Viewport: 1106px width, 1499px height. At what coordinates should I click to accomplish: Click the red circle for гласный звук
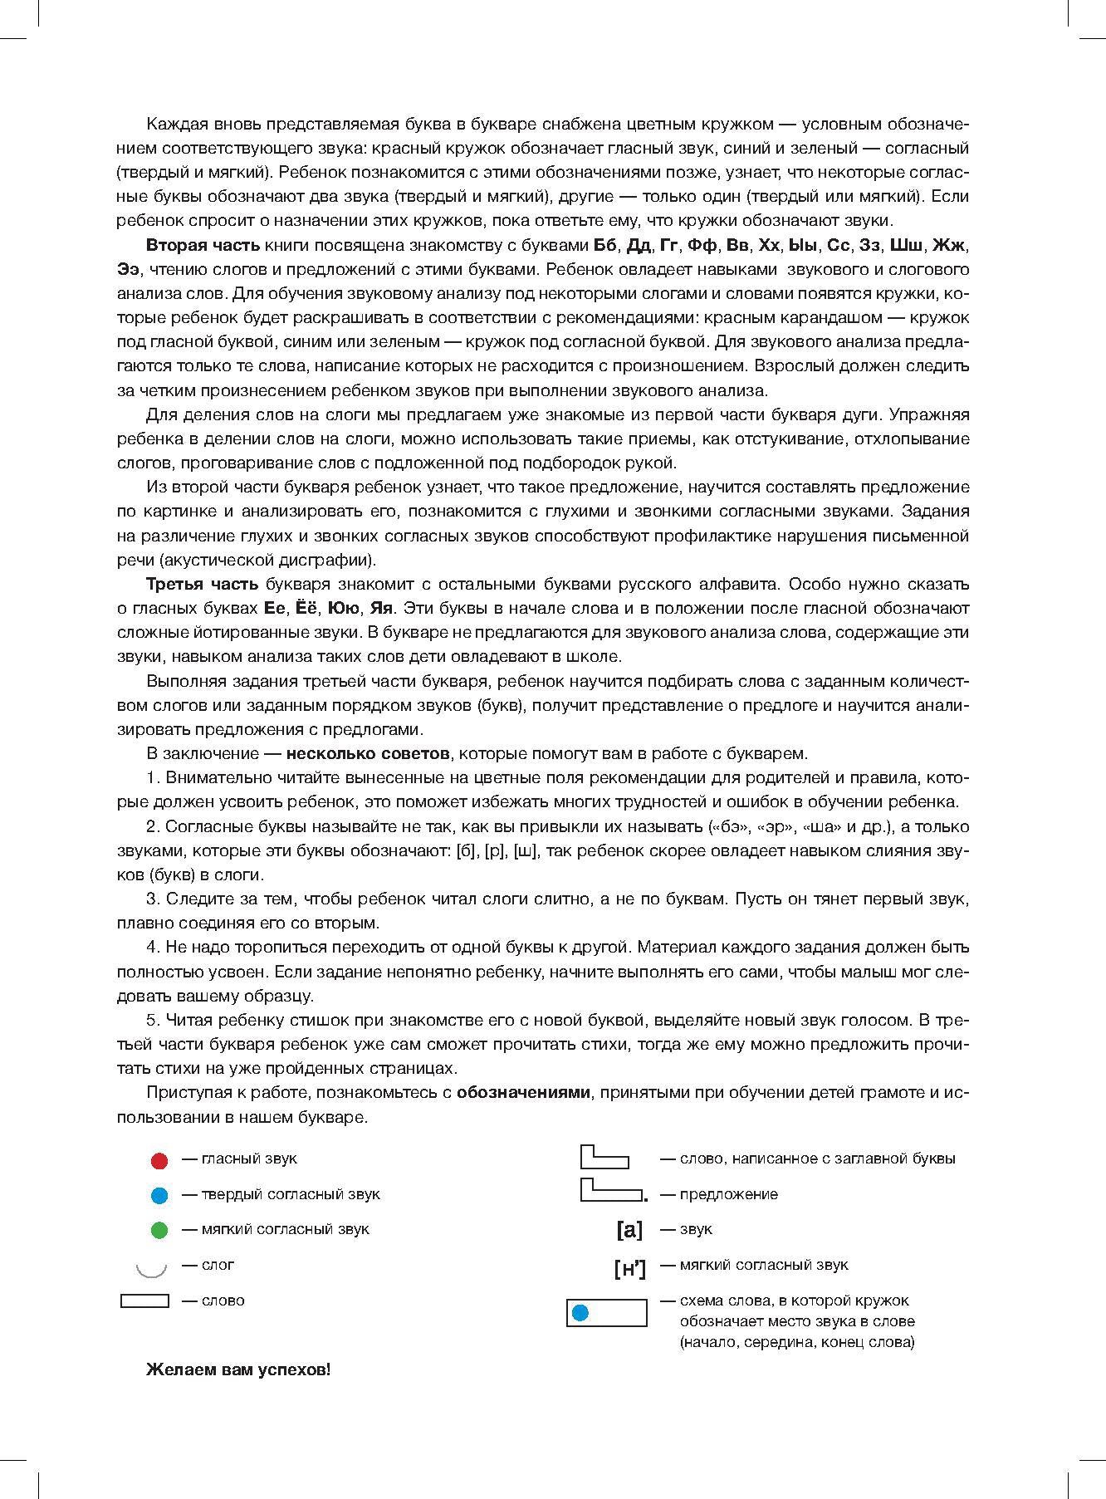click(159, 1160)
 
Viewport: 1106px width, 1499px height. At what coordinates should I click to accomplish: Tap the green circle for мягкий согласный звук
click(159, 1231)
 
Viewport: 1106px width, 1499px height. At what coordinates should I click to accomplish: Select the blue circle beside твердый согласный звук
click(159, 1196)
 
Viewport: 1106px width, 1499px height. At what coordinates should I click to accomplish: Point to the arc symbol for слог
click(151, 1268)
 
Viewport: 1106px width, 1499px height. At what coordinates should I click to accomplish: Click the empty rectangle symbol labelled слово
click(144, 1301)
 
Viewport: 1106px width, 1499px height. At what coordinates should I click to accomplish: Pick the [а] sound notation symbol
click(629, 1230)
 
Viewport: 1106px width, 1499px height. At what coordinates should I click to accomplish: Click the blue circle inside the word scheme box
click(580, 1313)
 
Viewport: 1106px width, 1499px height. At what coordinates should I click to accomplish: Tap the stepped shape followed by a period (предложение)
click(613, 1191)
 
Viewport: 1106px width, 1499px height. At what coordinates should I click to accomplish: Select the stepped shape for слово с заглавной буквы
click(604, 1157)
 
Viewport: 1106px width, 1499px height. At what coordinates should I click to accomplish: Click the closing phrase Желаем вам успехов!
click(238, 1370)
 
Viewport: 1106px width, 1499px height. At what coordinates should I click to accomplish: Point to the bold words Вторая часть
click(203, 246)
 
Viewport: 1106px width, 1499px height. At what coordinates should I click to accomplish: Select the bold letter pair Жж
click(949, 246)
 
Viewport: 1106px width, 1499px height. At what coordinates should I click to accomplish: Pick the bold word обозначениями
click(523, 1092)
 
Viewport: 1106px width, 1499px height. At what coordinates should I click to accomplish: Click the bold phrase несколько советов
click(368, 754)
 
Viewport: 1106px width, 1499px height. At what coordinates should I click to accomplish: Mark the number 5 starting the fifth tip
click(152, 1020)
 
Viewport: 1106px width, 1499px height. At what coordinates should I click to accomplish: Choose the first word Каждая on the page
click(171, 125)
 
